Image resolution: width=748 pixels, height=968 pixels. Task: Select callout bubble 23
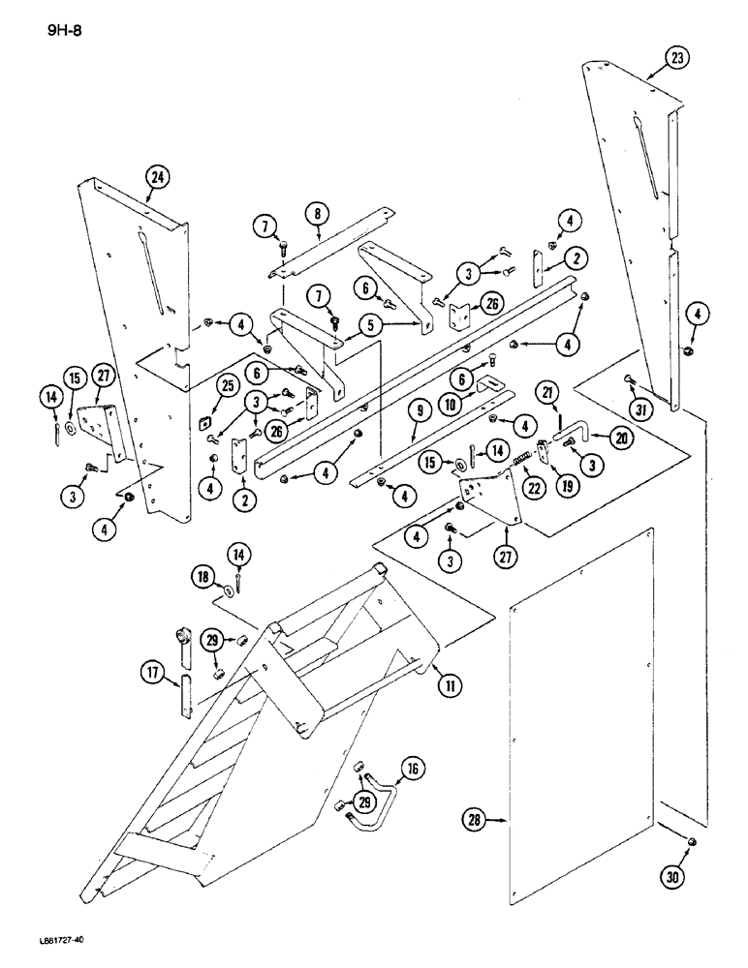(x=676, y=58)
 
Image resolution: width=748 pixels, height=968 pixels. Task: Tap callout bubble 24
(x=157, y=177)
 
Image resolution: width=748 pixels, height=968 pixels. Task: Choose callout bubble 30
(x=671, y=878)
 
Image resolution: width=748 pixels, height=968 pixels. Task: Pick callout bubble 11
(x=447, y=686)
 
